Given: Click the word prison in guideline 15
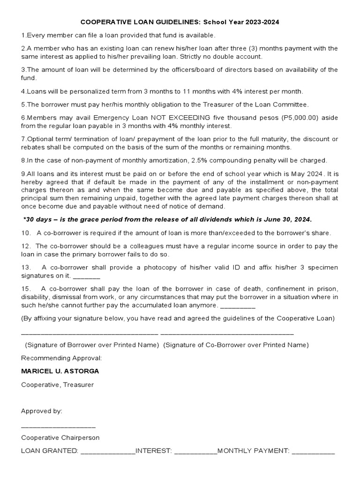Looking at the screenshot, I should [x=326, y=289].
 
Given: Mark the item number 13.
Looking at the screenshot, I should [x=26, y=267].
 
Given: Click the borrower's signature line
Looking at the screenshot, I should [x=90, y=333].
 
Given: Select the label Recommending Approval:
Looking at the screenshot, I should [x=61, y=358].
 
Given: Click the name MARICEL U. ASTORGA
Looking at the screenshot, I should [x=60, y=371].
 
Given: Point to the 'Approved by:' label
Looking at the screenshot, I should [x=42, y=411].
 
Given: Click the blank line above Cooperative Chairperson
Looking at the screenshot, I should [x=58, y=427].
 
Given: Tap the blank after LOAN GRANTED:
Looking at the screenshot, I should [x=108, y=452].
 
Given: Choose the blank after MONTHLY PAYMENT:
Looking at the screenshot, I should [x=313, y=452].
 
